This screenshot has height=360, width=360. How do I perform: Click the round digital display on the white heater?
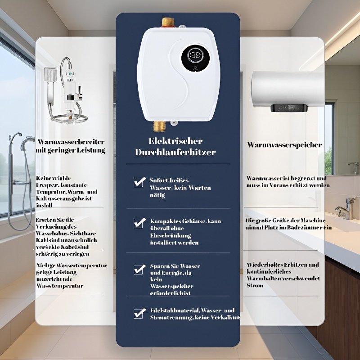pyautogui.click(x=195, y=57)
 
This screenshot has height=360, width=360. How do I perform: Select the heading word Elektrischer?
pyautogui.click(x=175, y=141)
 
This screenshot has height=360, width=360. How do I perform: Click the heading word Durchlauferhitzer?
pyautogui.click(x=175, y=152)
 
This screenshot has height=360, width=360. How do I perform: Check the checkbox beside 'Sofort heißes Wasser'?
pyautogui.click(x=139, y=182)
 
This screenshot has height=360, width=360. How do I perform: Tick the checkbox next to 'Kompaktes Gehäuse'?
pyautogui.click(x=139, y=223)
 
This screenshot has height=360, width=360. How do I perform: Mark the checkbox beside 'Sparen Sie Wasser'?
pyautogui.click(x=139, y=269)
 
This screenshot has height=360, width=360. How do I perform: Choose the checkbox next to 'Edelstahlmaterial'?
pyautogui.click(x=139, y=314)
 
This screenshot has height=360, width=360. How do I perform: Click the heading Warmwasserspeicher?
pyautogui.click(x=284, y=145)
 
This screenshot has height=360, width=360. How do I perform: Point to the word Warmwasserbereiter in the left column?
pyautogui.click(x=71, y=141)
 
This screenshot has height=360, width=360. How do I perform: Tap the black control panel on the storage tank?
pyautogui.click(x=289, y=108)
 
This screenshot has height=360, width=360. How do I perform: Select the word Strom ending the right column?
pyautogui.click(x=255, y=285)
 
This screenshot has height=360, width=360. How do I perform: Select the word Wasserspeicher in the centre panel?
pyautogui.click(x=172, y=286)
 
